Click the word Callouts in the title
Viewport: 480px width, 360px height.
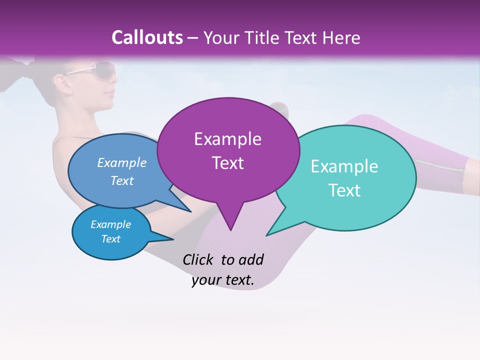point(147,37)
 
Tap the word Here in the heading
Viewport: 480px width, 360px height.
point(341,37)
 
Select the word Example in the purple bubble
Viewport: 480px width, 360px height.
point(227,139)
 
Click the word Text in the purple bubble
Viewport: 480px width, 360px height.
point(227,163)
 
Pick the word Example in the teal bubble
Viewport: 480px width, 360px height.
point(344,166)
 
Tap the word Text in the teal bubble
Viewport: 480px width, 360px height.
point(344,190)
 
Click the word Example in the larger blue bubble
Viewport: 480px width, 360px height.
point(122,163)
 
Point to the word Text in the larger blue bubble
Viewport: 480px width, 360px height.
point(122,181)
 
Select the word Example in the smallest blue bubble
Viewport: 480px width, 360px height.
point(110,224)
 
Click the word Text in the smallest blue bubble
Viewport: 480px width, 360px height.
point(110,239)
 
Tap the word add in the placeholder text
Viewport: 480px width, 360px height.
point(251,259)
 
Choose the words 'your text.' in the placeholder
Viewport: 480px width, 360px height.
point(223,280)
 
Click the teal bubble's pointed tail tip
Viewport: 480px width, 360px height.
point(267,235)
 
